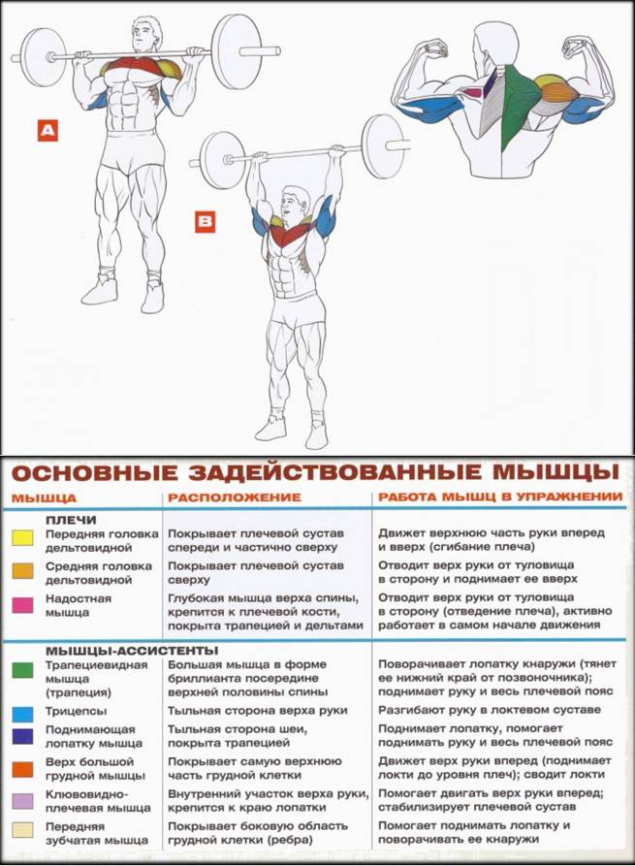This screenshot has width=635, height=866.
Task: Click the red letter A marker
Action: click(48, 130)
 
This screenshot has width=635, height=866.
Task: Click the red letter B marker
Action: click(206, 222)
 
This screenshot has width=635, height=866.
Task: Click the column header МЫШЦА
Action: click(38, 497)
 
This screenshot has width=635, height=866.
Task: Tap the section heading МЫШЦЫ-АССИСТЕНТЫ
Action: click(107, 650)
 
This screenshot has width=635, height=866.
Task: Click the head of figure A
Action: click(146, 36)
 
